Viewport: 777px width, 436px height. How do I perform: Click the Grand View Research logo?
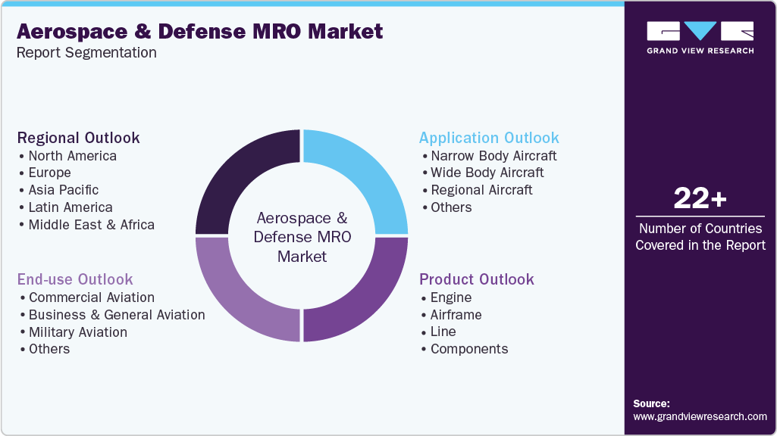click(x=700, y=38)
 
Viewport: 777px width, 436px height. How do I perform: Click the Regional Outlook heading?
click(x=79, y=138)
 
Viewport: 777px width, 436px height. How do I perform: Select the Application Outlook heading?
click(x=489, y=138)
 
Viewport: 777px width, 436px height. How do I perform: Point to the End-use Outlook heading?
click(x=75, y=279)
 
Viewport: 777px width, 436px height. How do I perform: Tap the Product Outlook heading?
click(x=477, y=279)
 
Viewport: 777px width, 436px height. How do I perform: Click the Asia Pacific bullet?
click(x=64, y=190)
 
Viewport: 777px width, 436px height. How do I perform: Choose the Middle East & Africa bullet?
click(x=91, y=225)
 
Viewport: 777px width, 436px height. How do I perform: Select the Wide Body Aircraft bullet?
click(x=487, y=173)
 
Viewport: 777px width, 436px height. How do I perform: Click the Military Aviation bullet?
click(x=77, y=332)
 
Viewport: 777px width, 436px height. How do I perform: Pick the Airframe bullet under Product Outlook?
click(x=456, y=315)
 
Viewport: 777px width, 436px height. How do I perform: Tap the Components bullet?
click(x=469, y=349)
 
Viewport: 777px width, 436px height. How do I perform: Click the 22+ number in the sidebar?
click(x=700, y=199)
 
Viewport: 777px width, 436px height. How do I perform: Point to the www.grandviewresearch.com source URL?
click(x=700, y=416)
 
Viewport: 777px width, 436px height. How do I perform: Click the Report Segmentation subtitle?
click(x=86, y=53)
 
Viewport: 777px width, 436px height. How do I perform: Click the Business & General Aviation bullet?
click(x=116, y=315)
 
